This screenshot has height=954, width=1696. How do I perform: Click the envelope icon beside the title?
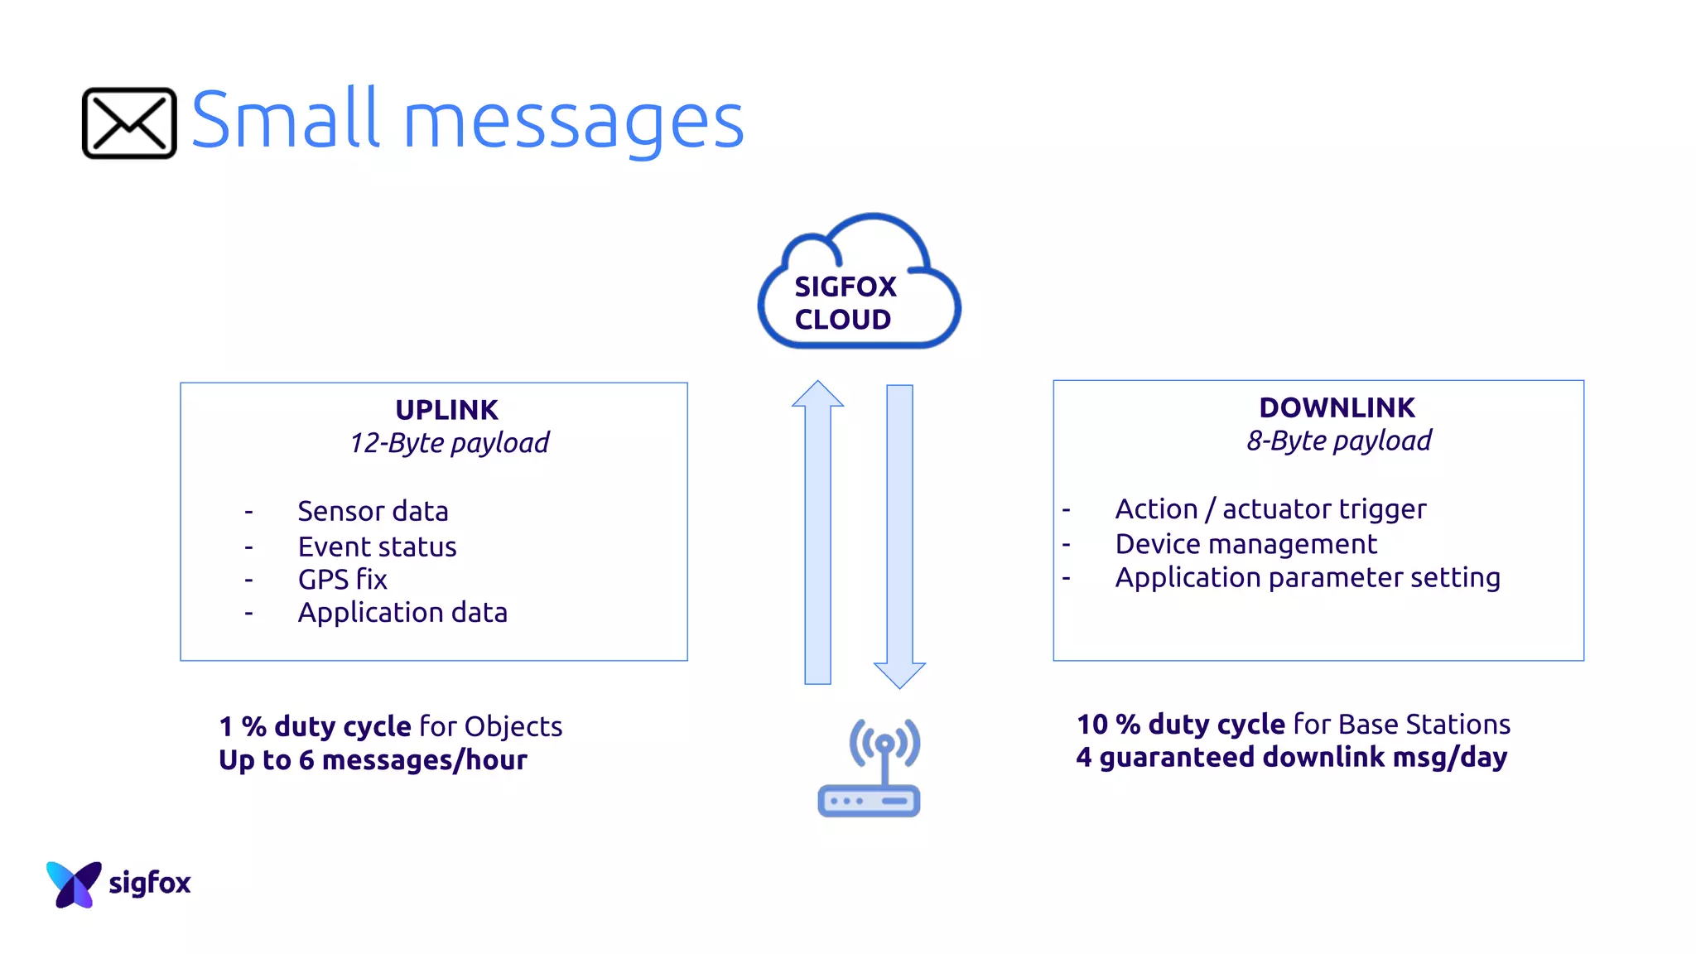click(x=129, y=123)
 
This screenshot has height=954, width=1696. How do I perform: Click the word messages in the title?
click(x=573, y=123)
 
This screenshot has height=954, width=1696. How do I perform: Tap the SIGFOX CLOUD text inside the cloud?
click(x=845, y=303)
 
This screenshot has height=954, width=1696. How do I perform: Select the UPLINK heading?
click(x=446, y=410)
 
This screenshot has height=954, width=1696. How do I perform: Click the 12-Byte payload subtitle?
click(x=449, y=443)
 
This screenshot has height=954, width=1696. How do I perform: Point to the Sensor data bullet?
click(x=373, y=511)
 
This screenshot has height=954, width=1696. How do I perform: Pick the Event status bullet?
click(x=377, y=547)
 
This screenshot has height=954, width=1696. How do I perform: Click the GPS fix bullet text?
click(x=342, y=580)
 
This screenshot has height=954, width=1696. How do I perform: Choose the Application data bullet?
click(x=402, y=613)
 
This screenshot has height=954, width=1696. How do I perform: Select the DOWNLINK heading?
click(x=1337, y=407)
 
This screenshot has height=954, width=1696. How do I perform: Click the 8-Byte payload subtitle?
click(x=1339, y=441)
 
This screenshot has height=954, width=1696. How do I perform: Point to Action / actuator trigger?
click(x=1270, y=508)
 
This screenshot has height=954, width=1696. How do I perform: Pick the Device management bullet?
click(x=1245, y=544)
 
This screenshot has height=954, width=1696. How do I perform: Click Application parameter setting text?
click(x=1307, y=577)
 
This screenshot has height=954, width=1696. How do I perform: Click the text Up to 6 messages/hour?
click(x=373, y=760)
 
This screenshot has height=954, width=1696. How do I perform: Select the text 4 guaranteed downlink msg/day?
click(x=1291, y=757)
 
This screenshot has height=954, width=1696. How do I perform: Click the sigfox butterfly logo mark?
click(x=73, y=884)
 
